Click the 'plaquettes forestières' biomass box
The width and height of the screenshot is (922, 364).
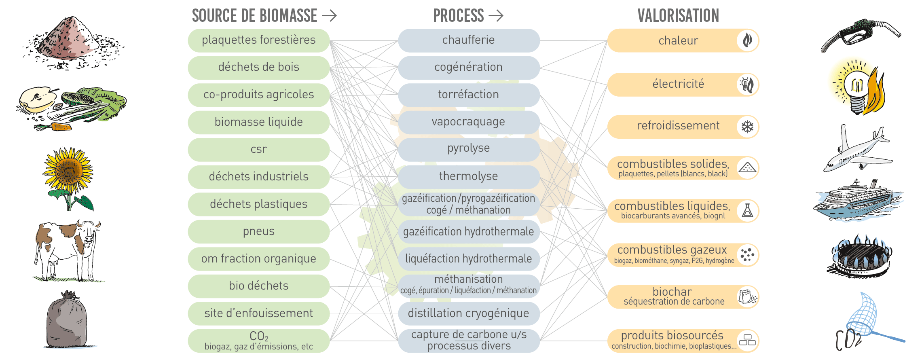coord(259,40)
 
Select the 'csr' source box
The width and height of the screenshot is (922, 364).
coord(259,150)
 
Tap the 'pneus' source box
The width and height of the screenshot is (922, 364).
coord(259,232)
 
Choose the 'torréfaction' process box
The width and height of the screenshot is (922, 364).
coord(469,95)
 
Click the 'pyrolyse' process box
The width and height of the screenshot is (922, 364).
coord(469,149)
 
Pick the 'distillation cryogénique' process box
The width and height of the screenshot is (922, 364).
coord(469,313)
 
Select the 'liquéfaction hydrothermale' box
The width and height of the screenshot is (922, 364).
coord(469,259)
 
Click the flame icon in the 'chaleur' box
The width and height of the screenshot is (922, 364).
coord(747,40)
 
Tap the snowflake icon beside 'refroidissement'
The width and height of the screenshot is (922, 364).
coord(747,127)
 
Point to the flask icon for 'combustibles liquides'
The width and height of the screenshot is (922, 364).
coord(747,211)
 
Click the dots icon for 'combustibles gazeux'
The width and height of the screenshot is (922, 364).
coord(747,255)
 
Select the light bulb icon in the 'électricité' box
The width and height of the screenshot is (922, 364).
coord(744,85)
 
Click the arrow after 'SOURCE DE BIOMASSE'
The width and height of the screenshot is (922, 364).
coord(329,16)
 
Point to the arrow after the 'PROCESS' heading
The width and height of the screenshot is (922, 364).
coord(496,16)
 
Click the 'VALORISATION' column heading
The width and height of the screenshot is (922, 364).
coord(678,16)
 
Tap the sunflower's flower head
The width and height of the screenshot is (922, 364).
coord(68,170)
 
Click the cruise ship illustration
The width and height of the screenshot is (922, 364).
coord(857,200)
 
